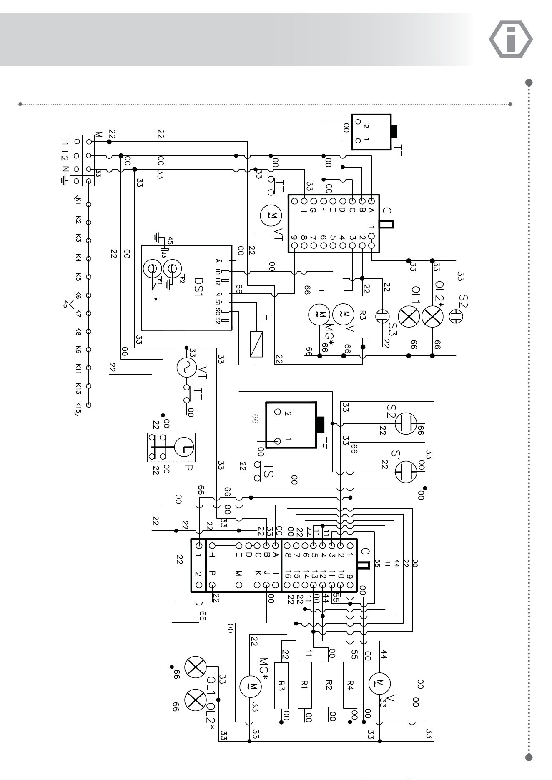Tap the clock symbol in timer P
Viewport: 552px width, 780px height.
183,447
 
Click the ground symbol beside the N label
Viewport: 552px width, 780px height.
64,181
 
